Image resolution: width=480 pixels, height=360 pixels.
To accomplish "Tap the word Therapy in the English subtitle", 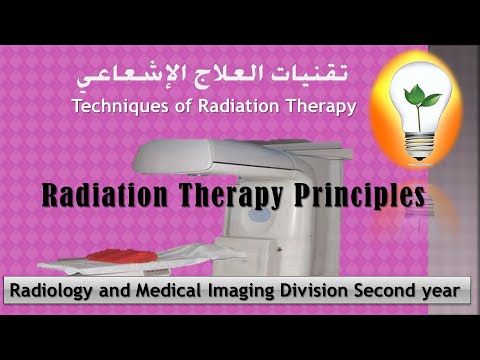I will [x=322, y=107].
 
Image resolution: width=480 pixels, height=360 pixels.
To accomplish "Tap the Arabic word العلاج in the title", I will [x=228, y=75].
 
